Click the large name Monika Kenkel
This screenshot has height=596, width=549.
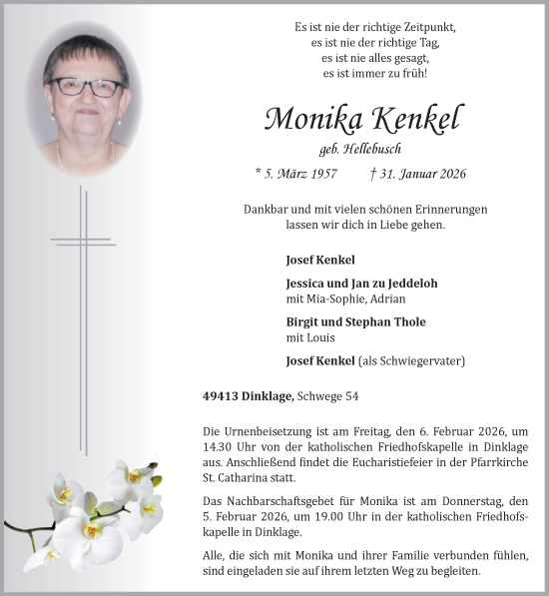(363, 121)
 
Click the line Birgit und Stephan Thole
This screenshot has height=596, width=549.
(355, 321)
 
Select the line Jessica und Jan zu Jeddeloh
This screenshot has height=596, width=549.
(361, 283)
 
